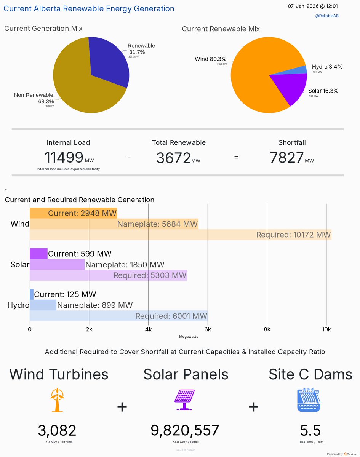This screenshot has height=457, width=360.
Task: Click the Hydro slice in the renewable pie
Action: coord(301,70)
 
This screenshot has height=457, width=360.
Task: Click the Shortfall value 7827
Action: coord(286,158)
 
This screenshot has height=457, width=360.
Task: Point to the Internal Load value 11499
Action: coord(64,158)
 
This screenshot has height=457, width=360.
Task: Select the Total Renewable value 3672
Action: coord(173,158)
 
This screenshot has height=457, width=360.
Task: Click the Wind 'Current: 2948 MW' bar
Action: coord(74,213)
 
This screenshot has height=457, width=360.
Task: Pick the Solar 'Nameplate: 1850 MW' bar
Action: coord(57,264)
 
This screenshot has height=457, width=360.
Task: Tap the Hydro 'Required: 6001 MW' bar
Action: coord(119,316)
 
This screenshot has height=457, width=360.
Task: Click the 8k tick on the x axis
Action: coord(267,329)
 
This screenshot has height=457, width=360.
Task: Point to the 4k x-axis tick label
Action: coord(149,329)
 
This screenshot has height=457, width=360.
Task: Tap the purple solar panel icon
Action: coord(184,400)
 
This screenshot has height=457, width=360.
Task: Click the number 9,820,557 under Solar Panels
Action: coord(185,430)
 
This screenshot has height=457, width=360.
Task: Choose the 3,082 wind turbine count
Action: coord(57,430)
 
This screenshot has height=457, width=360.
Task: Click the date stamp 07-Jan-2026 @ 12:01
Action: coord(312,6)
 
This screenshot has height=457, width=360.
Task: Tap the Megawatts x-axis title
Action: coord(189,337)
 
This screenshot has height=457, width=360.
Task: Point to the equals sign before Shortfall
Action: coord(236,157)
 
